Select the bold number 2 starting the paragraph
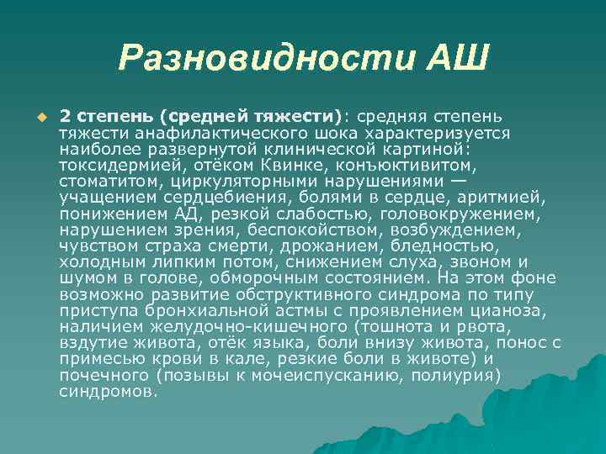tap(64, 115)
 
